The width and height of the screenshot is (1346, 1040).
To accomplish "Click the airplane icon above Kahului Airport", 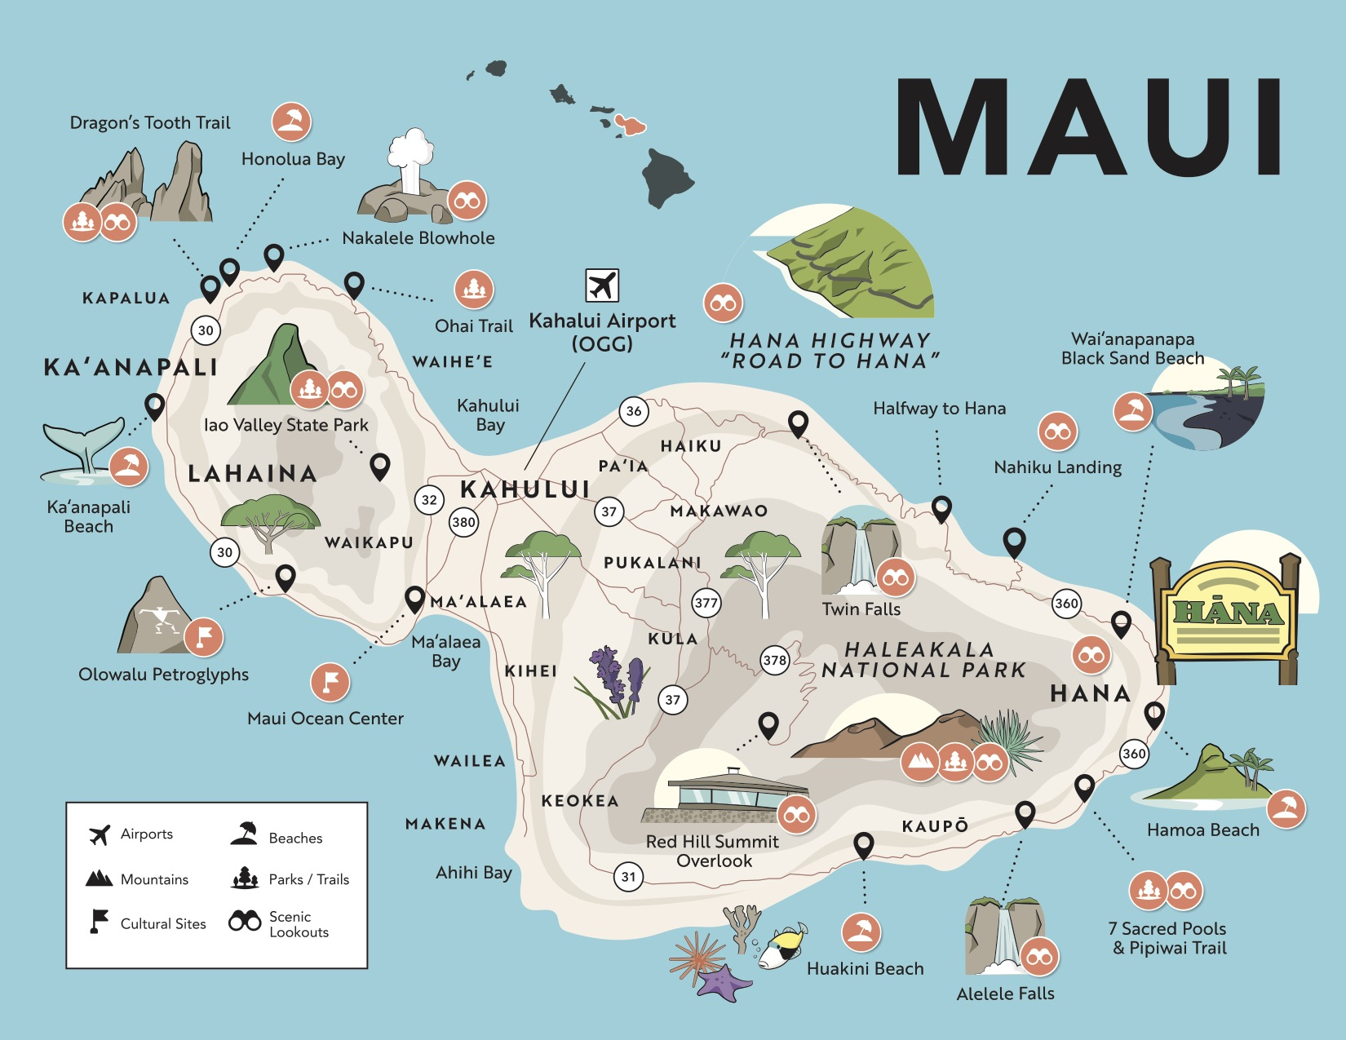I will [602, 285].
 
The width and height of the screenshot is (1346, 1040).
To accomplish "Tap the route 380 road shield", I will [463, 522].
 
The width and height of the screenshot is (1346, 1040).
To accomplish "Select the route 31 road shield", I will [628, 877].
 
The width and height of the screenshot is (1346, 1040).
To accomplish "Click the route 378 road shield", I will [775, 660].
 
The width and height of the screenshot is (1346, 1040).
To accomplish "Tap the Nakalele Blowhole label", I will [418, 238].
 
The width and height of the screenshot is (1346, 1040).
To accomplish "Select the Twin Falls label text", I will [861, 609].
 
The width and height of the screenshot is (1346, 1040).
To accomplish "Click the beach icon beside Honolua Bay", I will [291, 122].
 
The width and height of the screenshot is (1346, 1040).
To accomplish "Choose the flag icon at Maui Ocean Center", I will [330, 682].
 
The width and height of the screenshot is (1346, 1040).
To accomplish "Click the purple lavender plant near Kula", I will [616, 681].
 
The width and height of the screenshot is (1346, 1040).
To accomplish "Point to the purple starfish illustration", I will [724, 983].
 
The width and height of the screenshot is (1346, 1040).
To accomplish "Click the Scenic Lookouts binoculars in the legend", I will [245, 921].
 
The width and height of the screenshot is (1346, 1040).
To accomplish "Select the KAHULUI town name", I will [525, 489].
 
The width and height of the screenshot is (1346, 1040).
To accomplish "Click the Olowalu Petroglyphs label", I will [163, 675].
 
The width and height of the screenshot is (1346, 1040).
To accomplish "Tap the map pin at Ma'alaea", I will [414, 599].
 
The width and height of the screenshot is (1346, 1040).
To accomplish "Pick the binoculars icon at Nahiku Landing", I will [1058, 431].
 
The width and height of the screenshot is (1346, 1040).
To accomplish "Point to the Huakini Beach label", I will [865, 969].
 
